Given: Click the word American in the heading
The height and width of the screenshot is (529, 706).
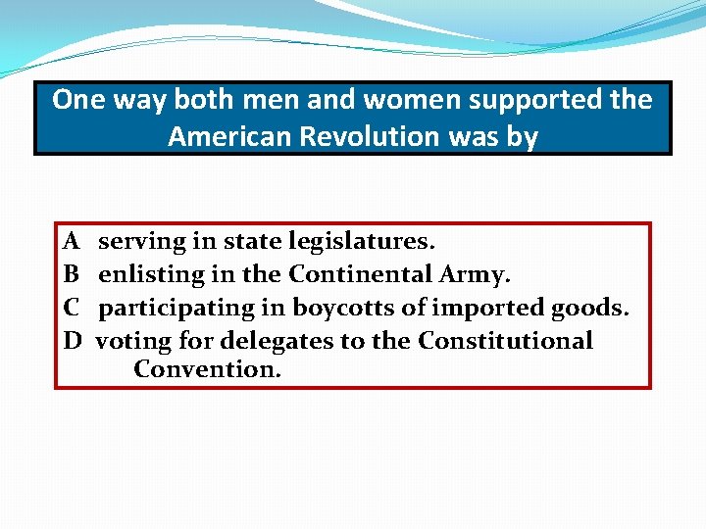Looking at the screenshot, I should click(230, 136).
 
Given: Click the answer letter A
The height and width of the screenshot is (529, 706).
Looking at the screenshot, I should click(71, 240).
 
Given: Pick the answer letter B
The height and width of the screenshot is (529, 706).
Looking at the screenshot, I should click(71, 273).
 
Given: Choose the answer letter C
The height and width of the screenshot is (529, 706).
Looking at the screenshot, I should click(71, 307).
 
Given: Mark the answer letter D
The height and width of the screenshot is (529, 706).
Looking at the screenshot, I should click(72, 340).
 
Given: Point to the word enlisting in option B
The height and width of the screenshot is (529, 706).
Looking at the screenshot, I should click(152, 274).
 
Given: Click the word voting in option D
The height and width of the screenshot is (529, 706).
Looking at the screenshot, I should click(132, 341).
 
